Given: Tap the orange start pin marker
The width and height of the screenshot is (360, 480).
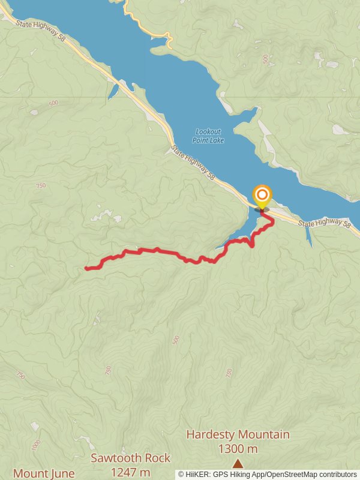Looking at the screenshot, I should (262, 197).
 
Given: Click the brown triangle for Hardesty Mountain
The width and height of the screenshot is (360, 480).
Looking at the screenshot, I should (238, 463).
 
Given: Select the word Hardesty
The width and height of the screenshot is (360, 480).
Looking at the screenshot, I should (211, 434).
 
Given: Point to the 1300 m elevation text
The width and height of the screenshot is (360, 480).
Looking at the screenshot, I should (238, 449).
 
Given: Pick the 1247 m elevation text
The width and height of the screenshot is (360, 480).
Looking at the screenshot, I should (130, 472).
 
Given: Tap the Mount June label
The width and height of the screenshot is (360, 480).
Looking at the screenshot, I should (43, 473).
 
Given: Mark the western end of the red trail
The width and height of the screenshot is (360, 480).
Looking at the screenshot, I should (87, 268).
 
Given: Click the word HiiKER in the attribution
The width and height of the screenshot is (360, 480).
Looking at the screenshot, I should (196, 474).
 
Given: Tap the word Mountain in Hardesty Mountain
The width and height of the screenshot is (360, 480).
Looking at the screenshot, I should (263, 434).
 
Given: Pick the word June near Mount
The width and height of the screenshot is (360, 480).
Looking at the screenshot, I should (61, 473).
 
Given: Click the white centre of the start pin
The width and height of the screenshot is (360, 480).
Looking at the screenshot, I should (262, 194).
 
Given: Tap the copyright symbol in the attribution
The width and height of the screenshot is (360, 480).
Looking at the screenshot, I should (181, 474).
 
